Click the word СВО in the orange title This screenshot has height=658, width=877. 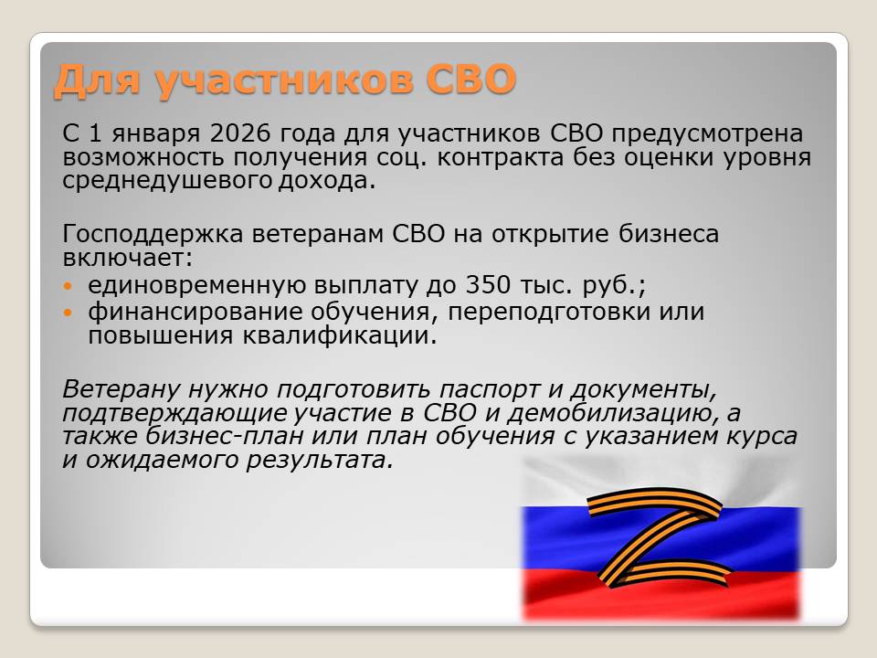tap(471, 79)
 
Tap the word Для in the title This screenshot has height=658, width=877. tap(97, 80)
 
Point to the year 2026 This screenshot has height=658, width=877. tap(240, 133)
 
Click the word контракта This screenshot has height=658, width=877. tap(500, 157)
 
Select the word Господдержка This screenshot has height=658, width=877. tap(153, 235)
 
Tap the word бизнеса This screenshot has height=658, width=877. tap(669, 234)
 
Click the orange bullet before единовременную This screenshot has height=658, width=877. tap(69, 286)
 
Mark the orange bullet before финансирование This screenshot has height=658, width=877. tap(69, 312)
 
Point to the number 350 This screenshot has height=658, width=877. tap(488, 285)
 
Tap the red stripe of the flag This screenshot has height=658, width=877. tap(660, 597)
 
